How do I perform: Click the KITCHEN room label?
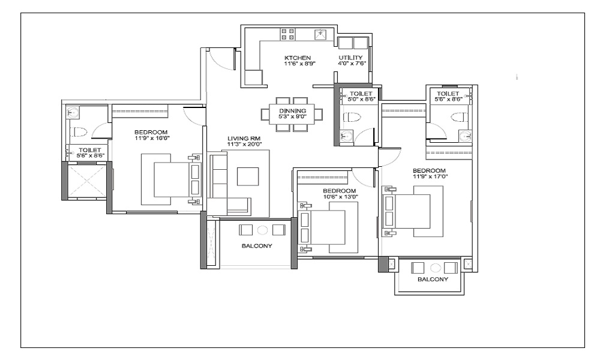click(298, 58)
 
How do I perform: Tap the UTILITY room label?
click(350, 58)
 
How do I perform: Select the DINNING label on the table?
click(292, 111)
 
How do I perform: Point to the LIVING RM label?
click(244, 139)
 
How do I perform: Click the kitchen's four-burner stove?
click(288, 34)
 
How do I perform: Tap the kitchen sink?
click(320, 34)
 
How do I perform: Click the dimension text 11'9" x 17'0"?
click(430, 176)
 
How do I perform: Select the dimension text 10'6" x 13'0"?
click(339, 197)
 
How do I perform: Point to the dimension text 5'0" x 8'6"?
click(361, 99)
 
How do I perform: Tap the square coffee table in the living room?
click(248, 176)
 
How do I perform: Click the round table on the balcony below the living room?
click(262, 230)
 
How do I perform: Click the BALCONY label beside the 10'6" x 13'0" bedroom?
click(257, 246)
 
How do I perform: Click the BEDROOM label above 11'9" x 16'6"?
click(151, 133)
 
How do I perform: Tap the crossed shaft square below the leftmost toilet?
click(87, 181)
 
